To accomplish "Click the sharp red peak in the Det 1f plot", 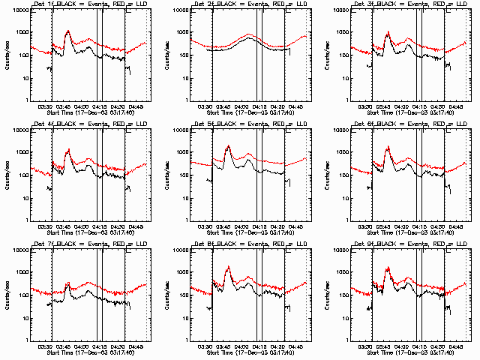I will point(68,31).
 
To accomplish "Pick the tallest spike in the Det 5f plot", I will point(228,145).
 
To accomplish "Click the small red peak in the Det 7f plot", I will point(68,283).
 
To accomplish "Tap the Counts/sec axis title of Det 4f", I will point(6,175).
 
